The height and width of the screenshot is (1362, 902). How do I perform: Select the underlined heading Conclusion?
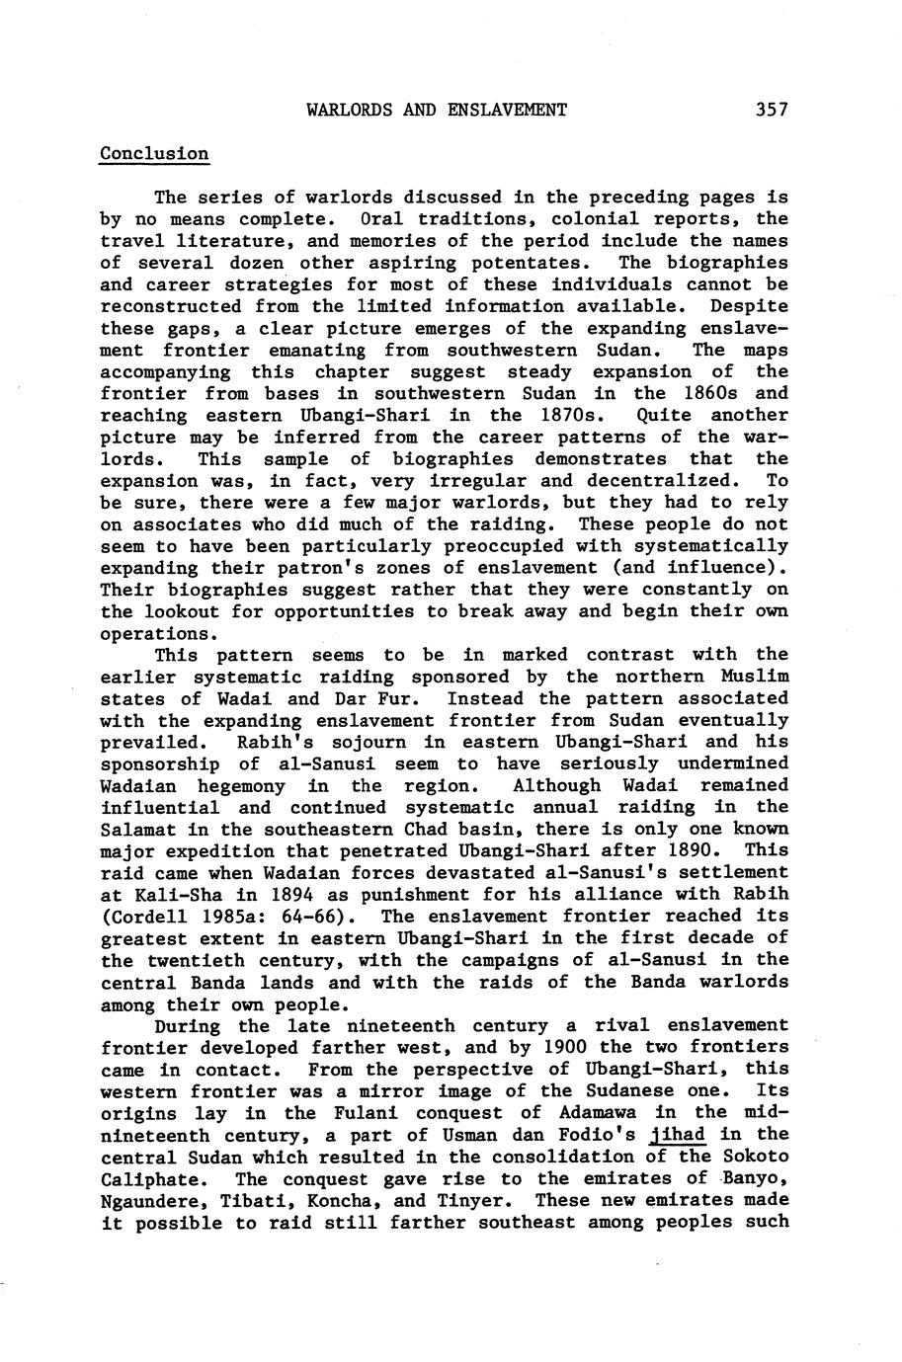pyautogui.click(x=154, y=153)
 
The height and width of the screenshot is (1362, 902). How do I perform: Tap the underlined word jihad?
pyautogui.click(x=680, y=1134)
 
